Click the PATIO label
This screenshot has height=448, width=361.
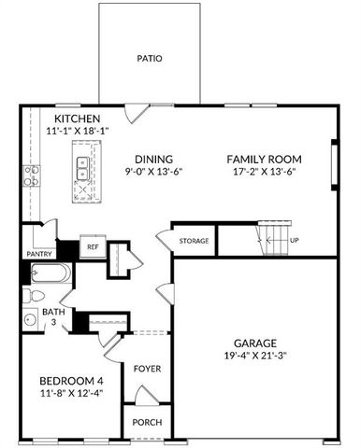[x=149, y=58]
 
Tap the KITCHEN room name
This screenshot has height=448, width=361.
[x=77, y=119]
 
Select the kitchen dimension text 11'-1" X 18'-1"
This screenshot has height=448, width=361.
[x=78, y=131]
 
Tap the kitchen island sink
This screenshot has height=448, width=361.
[x=83, y=168]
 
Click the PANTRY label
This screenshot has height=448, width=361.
[x=38, y=253]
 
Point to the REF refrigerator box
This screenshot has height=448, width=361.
[x=92, y=247]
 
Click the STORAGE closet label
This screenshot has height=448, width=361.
[x=195, y=242]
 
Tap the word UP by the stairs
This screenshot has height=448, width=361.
[x=296, y=240]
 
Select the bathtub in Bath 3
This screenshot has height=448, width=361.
[x=47, y=274]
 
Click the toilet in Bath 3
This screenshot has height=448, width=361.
[x=29, y=296]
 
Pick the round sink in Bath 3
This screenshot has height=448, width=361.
[x=29, y=320]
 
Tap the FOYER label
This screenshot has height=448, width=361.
[x=147, y=368]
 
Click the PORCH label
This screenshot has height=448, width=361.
[x=147, y=422]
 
